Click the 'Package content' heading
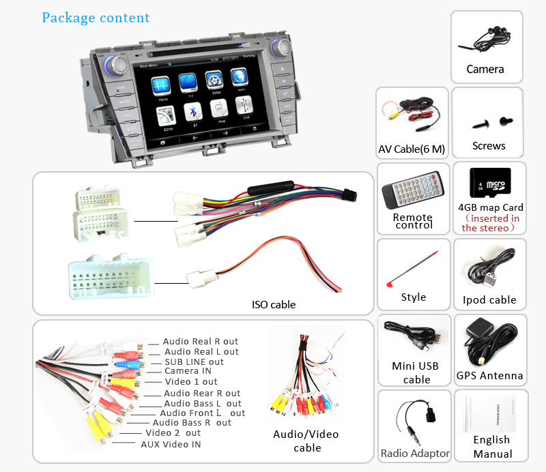pos(96,17)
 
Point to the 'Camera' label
pos(485,69)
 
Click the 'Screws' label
pos(489,145)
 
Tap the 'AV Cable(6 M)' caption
pos(412,149)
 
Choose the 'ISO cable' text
pos(273,304)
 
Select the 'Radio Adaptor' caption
pos(415,453)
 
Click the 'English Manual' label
pos(492,447)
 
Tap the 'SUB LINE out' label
pos(194,362)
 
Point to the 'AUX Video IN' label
pos(171,444)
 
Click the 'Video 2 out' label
pos(173,432)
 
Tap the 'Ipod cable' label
pos(489,299)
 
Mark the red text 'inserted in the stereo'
pos(490,223)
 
